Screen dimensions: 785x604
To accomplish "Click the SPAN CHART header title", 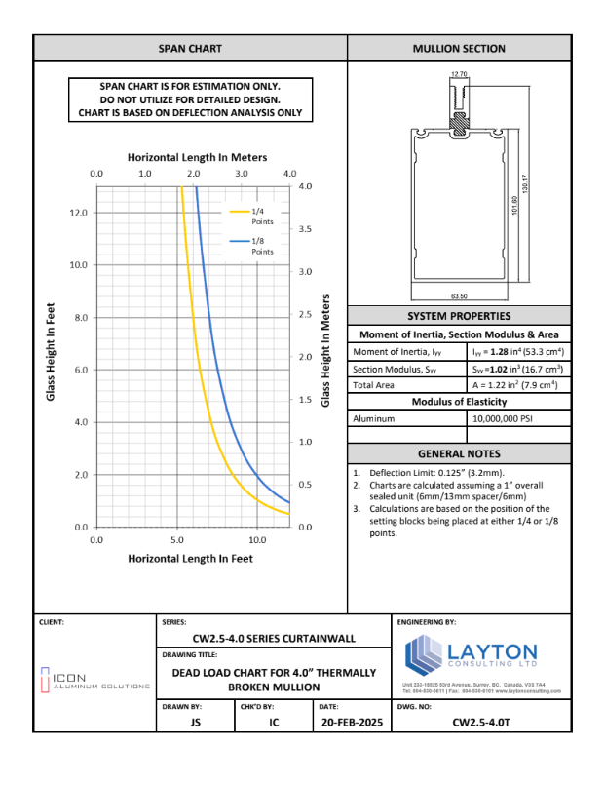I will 190,48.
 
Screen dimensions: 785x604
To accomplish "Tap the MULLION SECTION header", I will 459,48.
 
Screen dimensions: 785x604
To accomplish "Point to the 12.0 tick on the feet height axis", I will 77,213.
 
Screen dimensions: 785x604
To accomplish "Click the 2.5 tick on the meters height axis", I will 305,314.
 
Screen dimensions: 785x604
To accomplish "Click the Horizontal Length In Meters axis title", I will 197,157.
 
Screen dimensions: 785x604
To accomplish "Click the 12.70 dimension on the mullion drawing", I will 459,74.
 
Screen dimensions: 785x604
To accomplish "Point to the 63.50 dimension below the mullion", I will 459,295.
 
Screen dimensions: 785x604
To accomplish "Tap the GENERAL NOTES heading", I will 459,453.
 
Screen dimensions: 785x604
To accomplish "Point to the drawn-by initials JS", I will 194,723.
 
